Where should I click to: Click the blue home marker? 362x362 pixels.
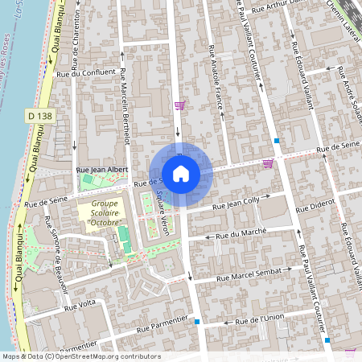click(x=181, y=173)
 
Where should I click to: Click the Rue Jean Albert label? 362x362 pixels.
click(x=101, y=171)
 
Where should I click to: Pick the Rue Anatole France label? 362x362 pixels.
click(x=216, y=77)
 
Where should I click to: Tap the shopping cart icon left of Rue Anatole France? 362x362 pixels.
click(x=179, y=105)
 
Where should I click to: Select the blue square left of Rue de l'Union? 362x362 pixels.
click(x=197, y=321)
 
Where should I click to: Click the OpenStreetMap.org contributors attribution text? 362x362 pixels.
click(x=105, y=356)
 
